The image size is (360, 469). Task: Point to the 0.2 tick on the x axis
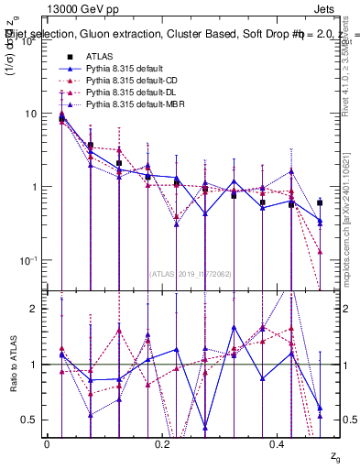(163, 443)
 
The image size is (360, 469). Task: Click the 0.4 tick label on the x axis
(278, 443)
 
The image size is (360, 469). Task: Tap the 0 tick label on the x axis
(48, 443)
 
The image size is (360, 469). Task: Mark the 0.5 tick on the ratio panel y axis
(28, 420)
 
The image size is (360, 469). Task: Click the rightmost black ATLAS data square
(320, 202)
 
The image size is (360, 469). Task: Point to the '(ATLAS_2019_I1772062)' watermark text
(191, 273)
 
